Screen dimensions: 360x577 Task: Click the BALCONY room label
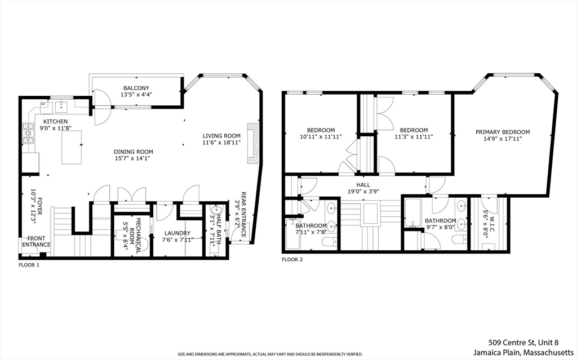point(136,88)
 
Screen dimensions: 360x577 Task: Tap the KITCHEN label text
point(56,122)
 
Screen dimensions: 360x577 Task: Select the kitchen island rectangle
point(72,147)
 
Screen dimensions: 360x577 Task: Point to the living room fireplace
point(255,143)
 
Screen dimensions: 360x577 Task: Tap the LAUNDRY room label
point(177,233)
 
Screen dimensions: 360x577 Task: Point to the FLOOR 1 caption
point(29,265)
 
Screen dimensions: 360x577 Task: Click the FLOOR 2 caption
point(292,260)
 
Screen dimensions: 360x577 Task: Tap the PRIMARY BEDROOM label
point(503,132)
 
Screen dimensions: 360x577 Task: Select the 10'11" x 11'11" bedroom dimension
point(321,137)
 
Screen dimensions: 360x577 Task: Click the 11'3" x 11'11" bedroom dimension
point(414,137)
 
